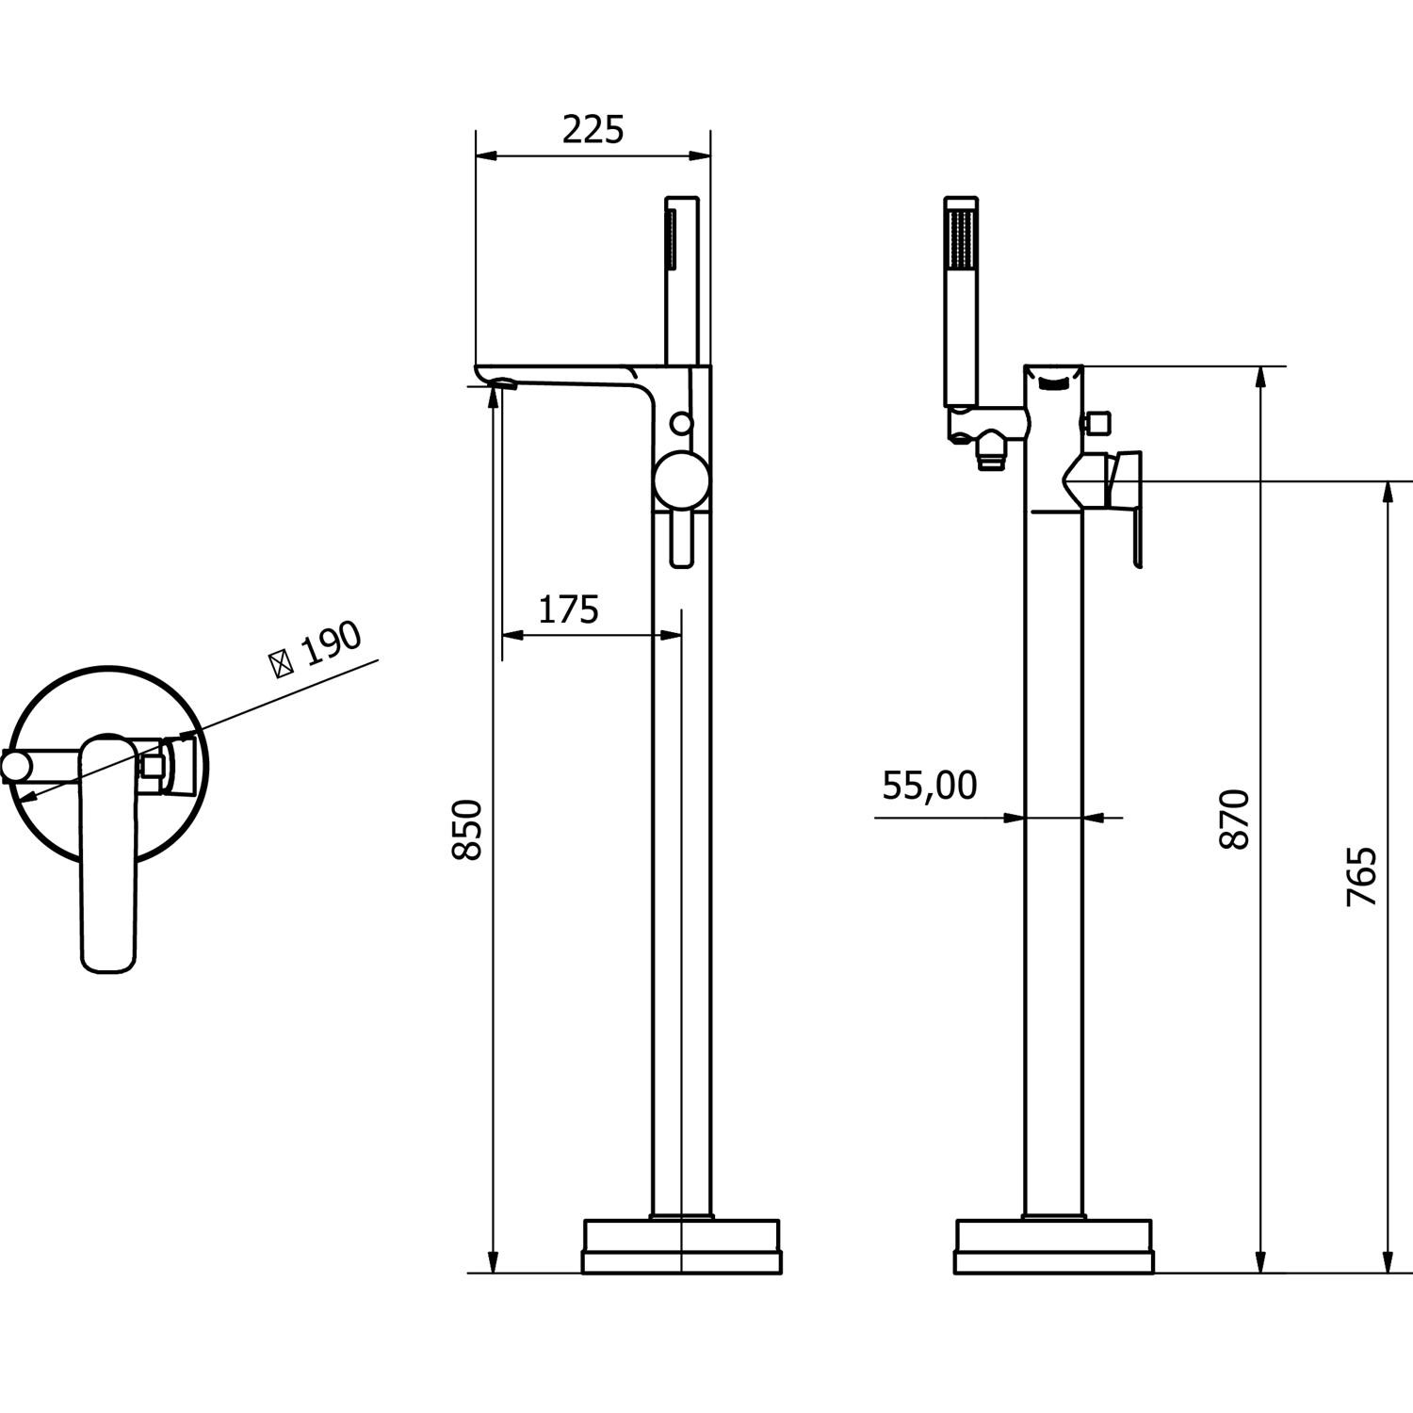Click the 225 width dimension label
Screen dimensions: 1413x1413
[593, 130]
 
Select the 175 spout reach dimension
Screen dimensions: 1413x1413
[568, 610]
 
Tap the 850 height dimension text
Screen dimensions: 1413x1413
[468, 829]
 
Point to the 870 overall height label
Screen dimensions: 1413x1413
[1234, 820]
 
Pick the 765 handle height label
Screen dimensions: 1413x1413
[1362, 877]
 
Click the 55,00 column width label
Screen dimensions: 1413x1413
[930, 785]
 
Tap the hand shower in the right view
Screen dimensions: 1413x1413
[962, 302]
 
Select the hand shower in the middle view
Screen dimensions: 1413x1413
[683, 281]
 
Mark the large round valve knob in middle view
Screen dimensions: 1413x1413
[682, 479]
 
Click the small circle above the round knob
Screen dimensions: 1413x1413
[682, 424]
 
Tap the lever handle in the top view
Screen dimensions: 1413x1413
[109, 853]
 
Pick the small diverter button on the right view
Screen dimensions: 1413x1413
[1095, 421]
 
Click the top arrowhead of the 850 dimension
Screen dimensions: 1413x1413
[493, 394]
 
